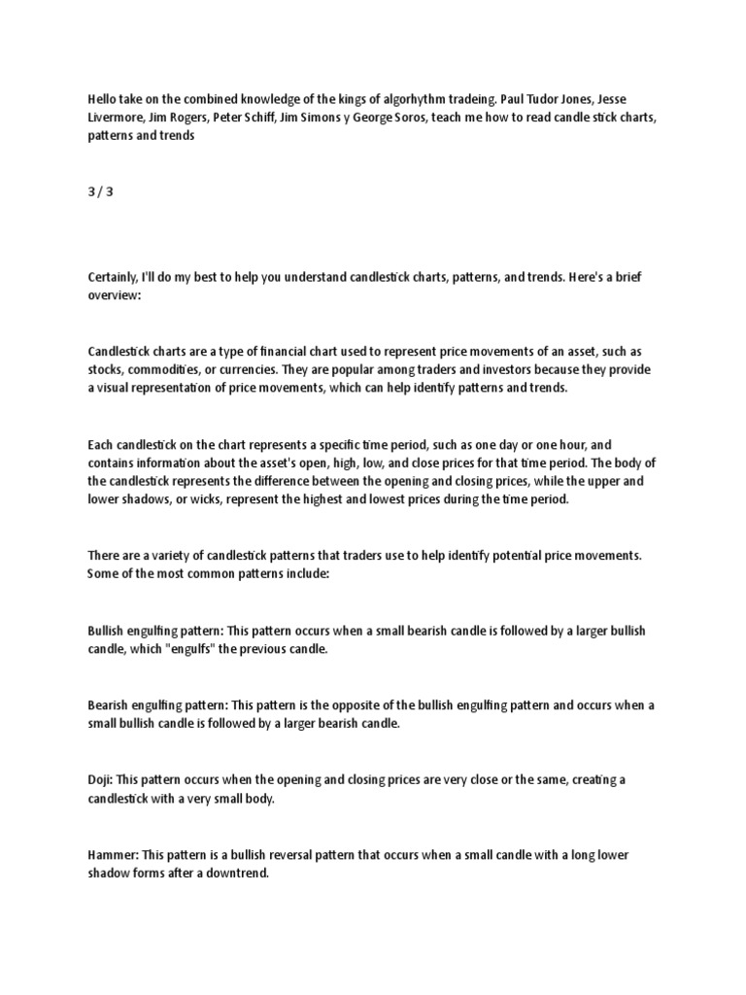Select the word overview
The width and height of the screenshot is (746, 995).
pyautogui.click(x=113, y=295)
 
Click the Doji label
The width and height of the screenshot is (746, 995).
pyautogui.click(x=100, y=781)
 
